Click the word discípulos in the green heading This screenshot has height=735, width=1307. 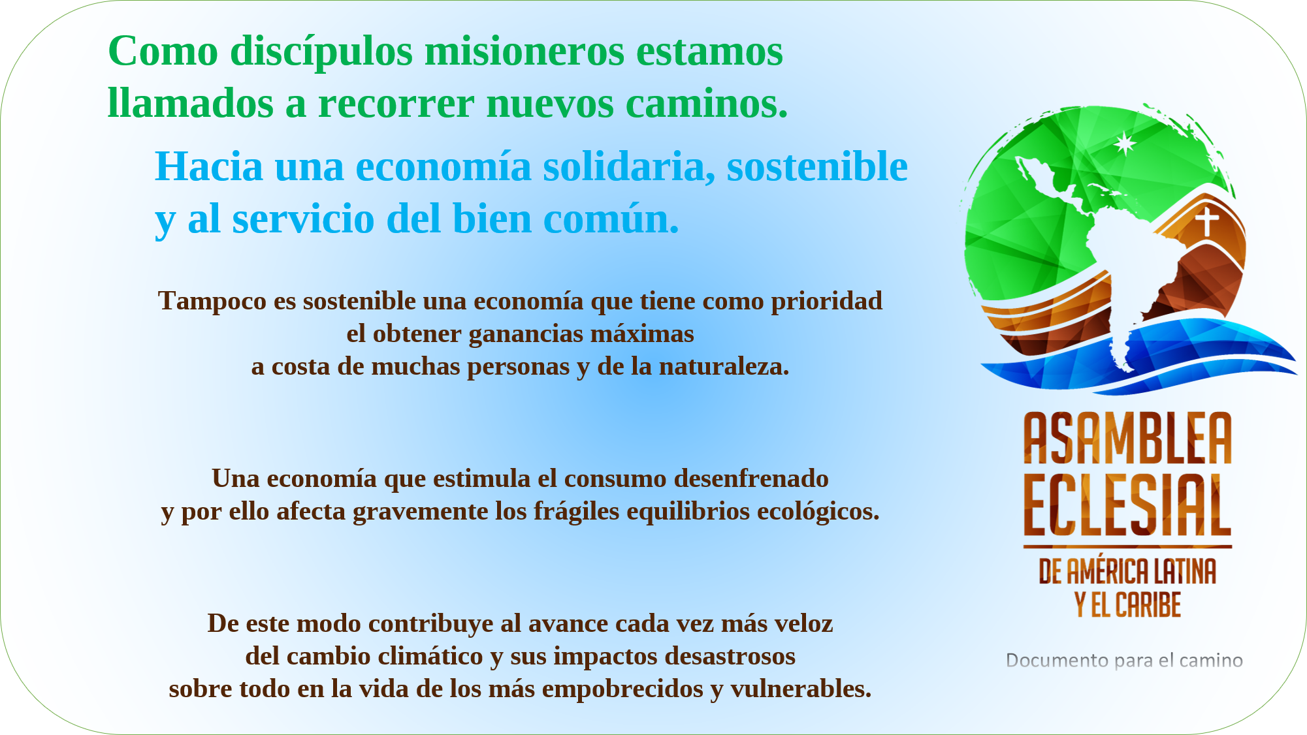tap(321, 52)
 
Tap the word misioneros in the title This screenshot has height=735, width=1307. tap(524, 51)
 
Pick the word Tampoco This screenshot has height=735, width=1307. tap(212, 302)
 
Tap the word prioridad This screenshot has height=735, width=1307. tap(827, 302)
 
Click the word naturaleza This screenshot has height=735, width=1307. tap(724, 366)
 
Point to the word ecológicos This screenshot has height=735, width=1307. tap(818, 512)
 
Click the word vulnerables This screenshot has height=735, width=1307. tap(801, 689)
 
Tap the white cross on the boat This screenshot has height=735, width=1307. tap(1207, 221)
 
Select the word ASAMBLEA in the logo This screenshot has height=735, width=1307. tap(1127, 438)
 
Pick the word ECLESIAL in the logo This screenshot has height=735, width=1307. tap(1127, 505)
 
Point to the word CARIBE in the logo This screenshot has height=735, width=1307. tap(1148, 604)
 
